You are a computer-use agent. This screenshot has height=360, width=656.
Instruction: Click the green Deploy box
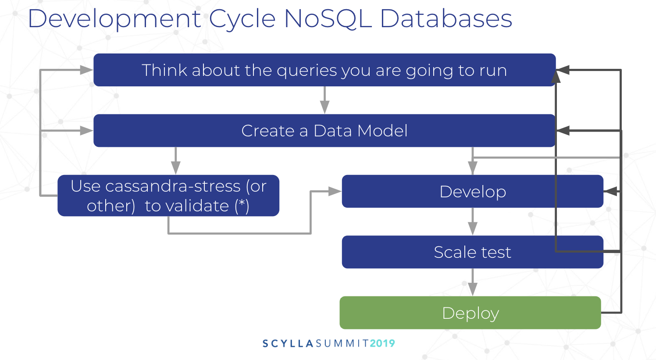pos(470,313)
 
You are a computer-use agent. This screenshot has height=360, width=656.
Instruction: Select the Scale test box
pos(472,252)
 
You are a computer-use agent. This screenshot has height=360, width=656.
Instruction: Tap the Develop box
pos(472,192)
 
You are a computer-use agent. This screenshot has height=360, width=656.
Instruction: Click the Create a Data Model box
pos(324,131)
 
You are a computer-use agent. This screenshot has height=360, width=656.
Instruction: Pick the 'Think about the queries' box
pos(324,70)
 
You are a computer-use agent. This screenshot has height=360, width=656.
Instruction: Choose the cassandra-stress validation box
pos(168,196)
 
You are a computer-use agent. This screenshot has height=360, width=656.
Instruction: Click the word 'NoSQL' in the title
pos(328,19)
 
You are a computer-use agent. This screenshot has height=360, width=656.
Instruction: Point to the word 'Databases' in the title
pos(446,19)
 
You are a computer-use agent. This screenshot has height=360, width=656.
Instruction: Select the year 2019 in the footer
pos(382,343)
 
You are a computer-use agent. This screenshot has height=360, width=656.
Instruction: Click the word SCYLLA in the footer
pos(288,343)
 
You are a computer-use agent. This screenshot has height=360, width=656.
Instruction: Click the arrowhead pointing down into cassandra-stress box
pos(175,168)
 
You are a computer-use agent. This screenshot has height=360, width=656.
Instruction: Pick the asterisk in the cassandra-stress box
pos(242,204)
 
